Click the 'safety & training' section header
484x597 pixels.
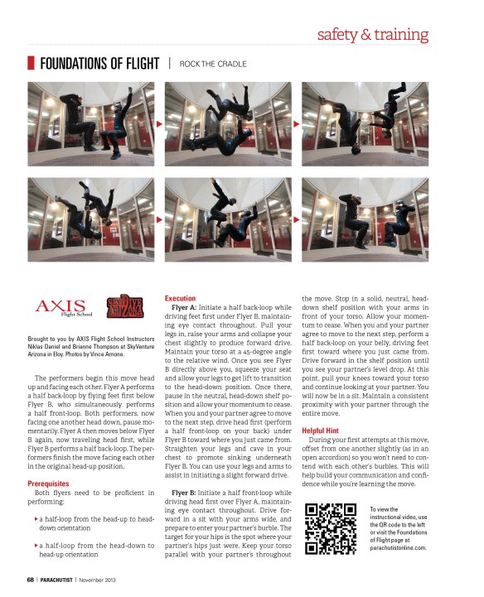tap(372, 34)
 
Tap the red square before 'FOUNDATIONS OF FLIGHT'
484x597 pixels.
tap(31, 63)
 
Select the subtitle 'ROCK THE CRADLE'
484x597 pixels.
tap(213, 64)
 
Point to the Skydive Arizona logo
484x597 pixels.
tap(124, 306)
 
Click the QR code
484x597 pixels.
tap(331, 528)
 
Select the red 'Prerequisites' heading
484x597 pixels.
tap(48, 484)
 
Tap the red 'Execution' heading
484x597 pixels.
tap(181, 298)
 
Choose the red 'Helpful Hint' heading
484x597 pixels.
tap(320, 431)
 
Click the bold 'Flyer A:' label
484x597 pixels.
tap(184, 308)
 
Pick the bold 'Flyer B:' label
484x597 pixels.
tap(184, 493)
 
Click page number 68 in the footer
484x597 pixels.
tap(31, 580)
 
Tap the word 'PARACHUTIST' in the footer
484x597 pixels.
tap(56, 580)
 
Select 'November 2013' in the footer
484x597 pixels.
tap(97, 580)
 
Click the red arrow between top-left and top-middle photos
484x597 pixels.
tap(159, 124)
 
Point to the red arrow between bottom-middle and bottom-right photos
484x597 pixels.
tap(297, 219)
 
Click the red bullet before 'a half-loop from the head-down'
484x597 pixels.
tap(36, 546)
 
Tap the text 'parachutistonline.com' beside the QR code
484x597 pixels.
tap(398, 548)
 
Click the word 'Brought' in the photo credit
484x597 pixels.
tap(37, 339)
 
